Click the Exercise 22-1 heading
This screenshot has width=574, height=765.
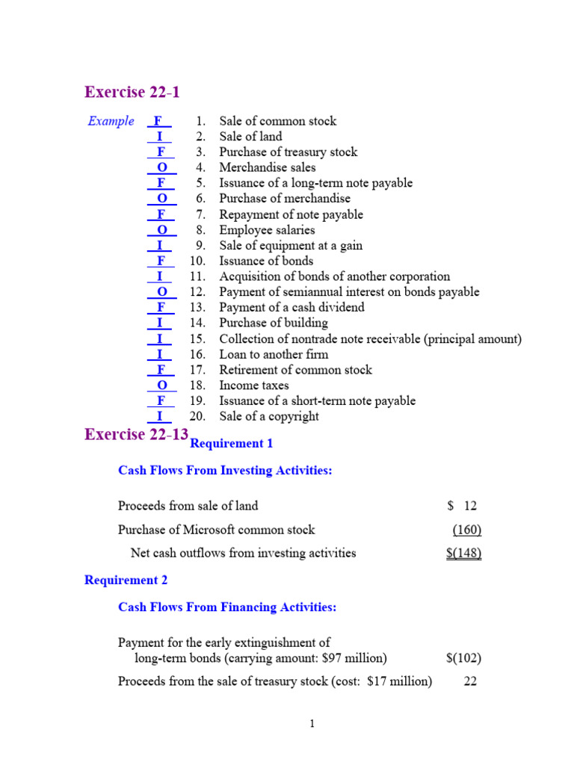tap(132, 93)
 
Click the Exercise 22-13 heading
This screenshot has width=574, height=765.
tap(137, 435)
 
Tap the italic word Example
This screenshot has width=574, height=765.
tap(111, 121)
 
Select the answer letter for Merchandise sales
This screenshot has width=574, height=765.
tap(162, 167)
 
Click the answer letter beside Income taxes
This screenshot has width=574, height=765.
tap(162, 385)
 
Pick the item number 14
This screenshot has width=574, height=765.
tap(197, 323)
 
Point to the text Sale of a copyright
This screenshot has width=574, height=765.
tap(269, 416)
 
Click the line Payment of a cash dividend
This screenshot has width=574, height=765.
tap(291, 307)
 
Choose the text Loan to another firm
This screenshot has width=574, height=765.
tap(274, 354)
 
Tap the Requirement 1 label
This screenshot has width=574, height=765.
tap(232, 444)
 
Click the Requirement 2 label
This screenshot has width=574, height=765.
tap(126, 580)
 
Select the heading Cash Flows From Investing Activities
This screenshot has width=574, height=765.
tap(225, 471)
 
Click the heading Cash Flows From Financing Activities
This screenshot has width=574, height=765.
tap(227, 607)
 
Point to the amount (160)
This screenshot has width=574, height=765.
tap(467, 530)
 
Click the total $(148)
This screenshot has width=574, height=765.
tap(463, 553)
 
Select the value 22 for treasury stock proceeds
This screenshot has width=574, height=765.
tap(470, 681)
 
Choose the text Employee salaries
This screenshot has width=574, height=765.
tap(267, 230)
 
